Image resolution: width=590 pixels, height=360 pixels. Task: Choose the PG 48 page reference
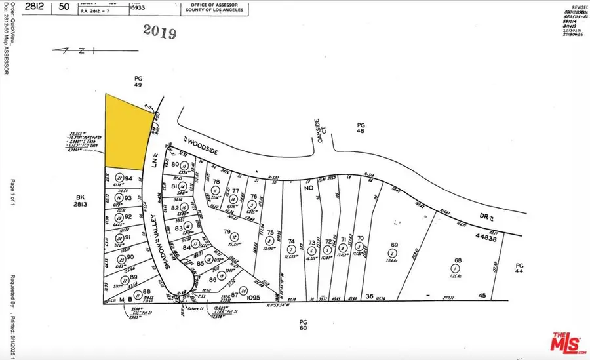(x=360, y=128)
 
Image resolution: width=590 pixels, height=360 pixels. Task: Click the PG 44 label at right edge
(x=519, y=267)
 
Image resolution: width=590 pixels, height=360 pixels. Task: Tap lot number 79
(x=227, y=231)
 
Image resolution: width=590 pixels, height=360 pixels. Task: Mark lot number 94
(x=130, y=178)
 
